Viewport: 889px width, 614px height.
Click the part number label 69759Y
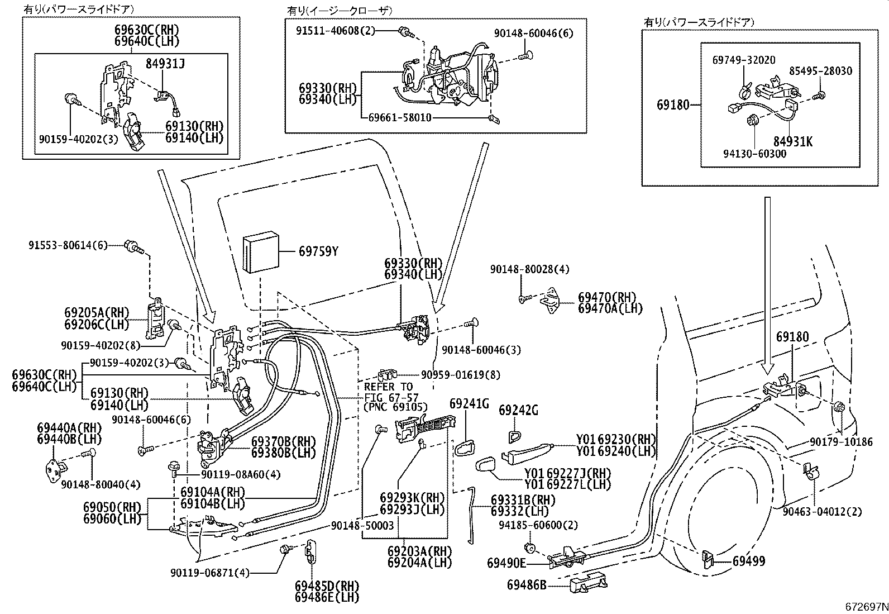(x=318, y=252)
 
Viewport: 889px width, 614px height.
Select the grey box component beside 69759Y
(x=260, y=254)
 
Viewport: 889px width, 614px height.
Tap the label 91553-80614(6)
(x=68, y=245)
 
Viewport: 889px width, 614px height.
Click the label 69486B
(x=527, y=585)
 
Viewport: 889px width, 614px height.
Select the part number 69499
(x=749, y=561)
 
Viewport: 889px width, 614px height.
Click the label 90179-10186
(x=841, y=442)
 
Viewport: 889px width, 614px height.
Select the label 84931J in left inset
(x=165, y=64)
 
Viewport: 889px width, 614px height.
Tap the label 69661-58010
(x=400, y=118)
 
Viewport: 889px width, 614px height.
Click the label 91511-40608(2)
(x=336, y=31)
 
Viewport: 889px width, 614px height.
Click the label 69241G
(x=469, y=403)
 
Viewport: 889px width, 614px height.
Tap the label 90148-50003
(x=362, y=525)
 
